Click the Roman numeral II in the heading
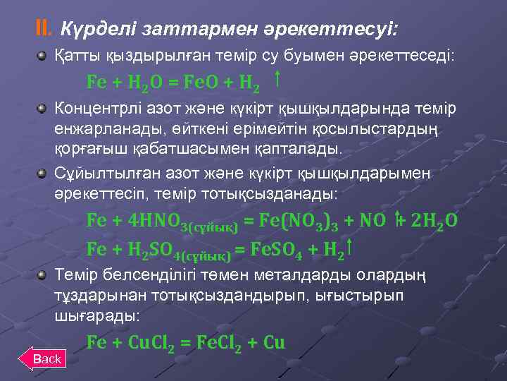point(44,28)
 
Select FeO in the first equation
point(203,82)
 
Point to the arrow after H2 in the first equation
point(278,78)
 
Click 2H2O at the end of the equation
point(433,220)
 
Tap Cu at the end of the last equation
point(275,343)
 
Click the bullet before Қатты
point(44,54)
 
